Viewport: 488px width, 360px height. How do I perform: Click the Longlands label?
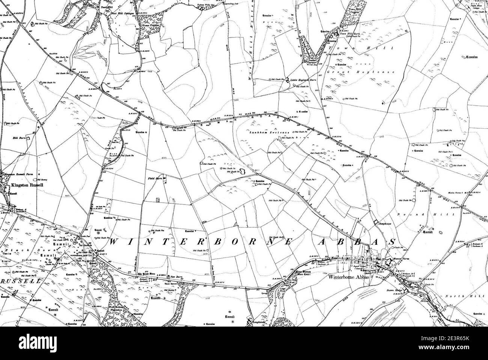click(x=259, y=321)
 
